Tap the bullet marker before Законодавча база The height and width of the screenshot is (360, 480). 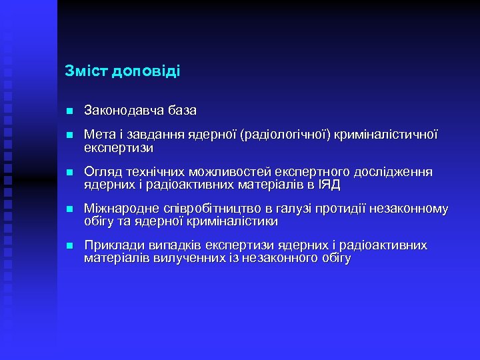(69, 110)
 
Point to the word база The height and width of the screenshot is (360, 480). (182, 110)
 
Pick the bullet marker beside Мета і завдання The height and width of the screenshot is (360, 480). (69, 135)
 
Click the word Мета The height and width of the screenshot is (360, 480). (99, 135)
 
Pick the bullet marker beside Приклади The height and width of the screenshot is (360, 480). (69, 246)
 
